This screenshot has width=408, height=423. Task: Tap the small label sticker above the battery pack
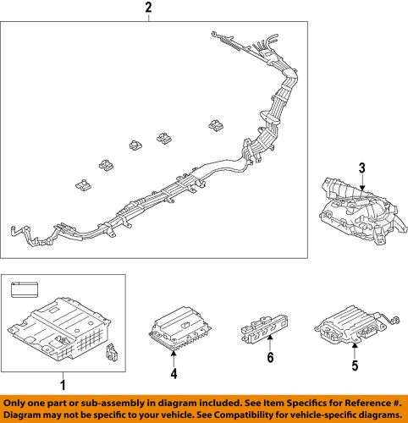[x=24, y=293]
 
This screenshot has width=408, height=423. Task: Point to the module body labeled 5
[x=349, y=327]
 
